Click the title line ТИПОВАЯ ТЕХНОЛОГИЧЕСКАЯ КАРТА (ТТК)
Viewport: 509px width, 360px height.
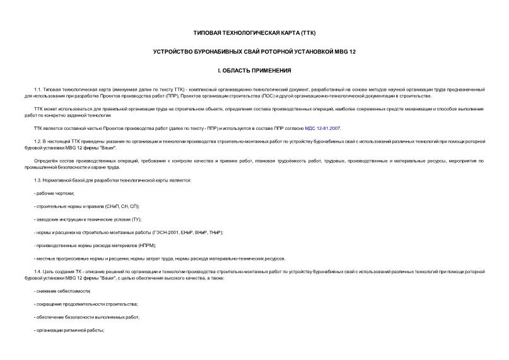point(254,32)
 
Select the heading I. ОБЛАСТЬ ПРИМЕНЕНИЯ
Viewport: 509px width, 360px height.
point(254,70)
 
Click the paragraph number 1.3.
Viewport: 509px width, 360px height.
point(38,180)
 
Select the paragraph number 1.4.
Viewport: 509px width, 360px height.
point(38,271)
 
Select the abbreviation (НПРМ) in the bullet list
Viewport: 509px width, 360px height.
point(145,245)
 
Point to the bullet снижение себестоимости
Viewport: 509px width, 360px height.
point(63,291)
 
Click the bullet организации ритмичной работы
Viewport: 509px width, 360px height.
point(69,330)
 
